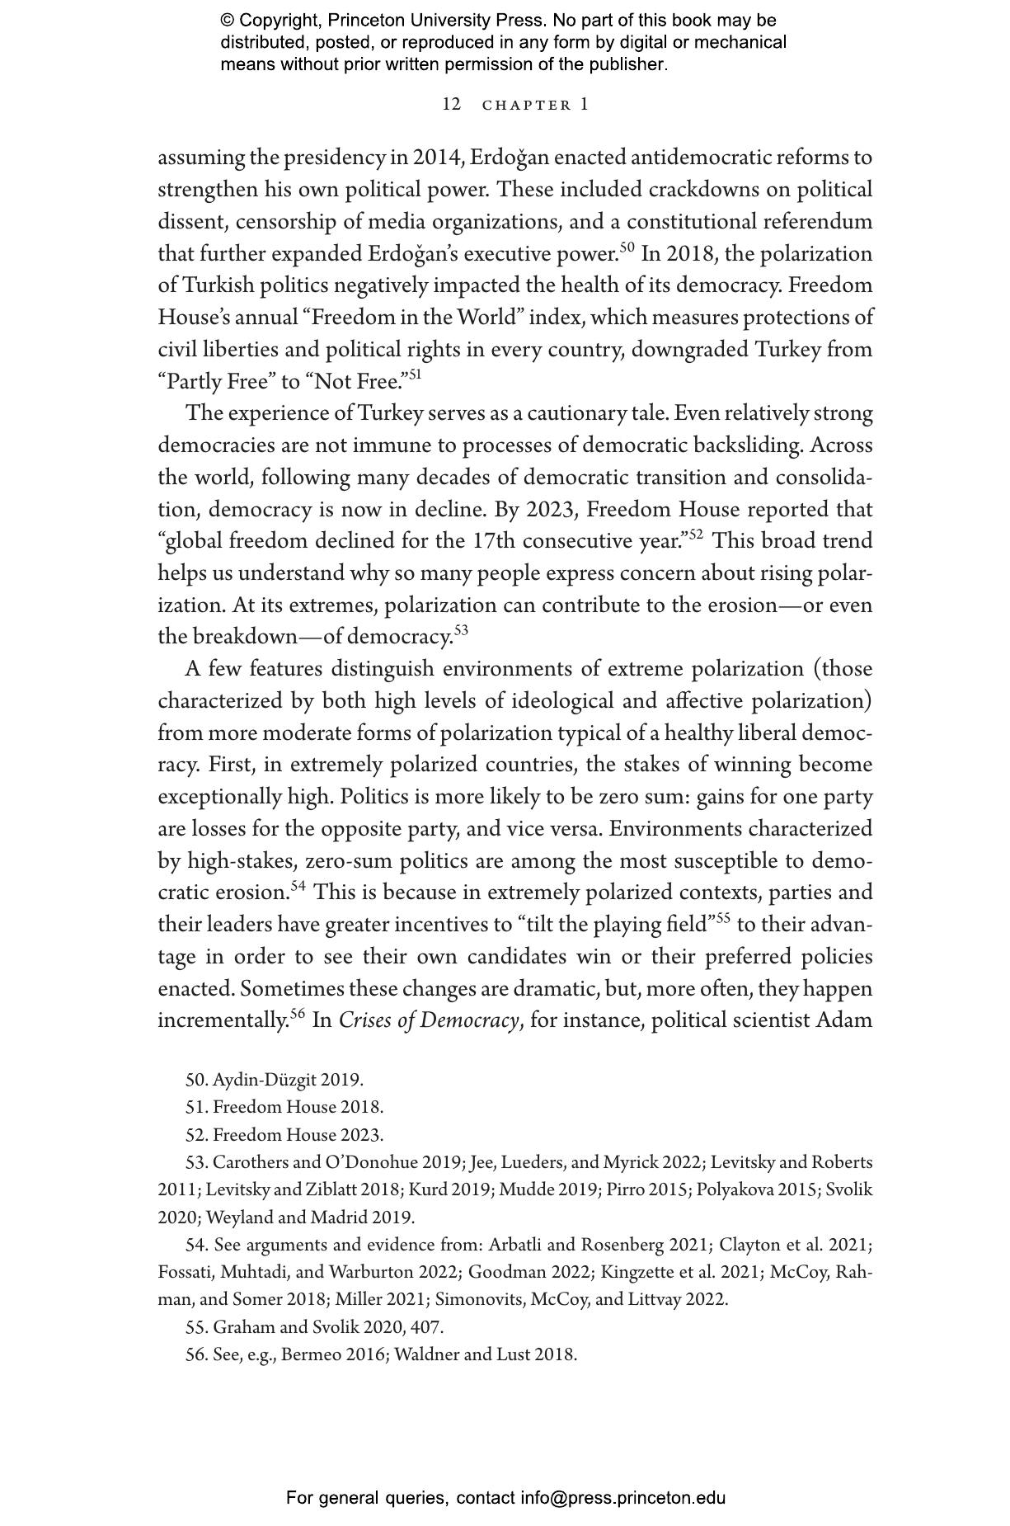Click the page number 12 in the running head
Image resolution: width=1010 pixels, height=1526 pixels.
[x=450, y=105]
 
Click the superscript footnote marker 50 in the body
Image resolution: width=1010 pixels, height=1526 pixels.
[x=627, y=247]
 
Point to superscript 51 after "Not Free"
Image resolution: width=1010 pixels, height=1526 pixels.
[x=416, y=375]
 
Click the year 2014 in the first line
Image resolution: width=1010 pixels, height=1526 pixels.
[x=438, y=158]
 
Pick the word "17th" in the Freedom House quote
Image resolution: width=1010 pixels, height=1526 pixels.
[x=494, y=542]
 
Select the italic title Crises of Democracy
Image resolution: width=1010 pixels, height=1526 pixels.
[x=429, y=1021]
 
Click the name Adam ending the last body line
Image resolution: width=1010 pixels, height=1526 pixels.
[x=843, y=1021]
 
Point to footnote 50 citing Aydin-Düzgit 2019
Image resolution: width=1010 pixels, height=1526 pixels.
[x=274, y=1080]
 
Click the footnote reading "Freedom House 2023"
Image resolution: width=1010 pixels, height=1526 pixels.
[x=284, y=1135]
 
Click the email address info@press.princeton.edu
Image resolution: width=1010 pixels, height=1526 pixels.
[x=622, y=1497]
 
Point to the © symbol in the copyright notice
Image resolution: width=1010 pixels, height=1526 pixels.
[x=228, y=21]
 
